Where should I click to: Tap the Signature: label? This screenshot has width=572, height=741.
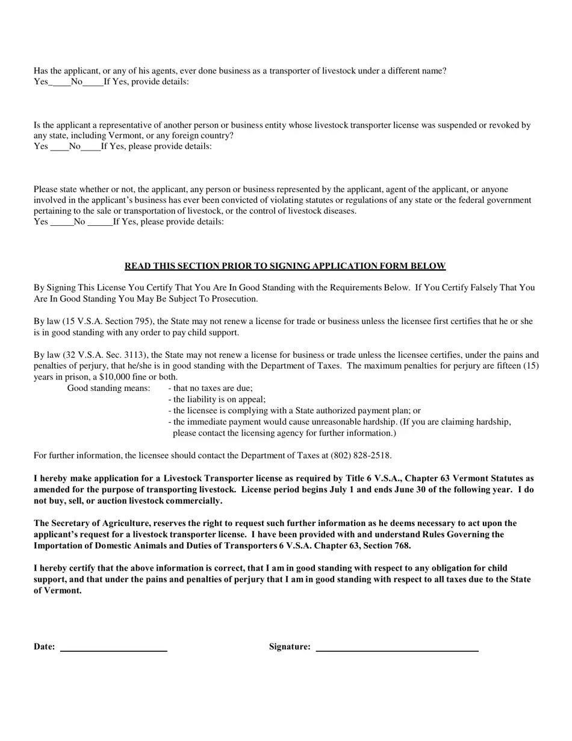(x=290, y=647)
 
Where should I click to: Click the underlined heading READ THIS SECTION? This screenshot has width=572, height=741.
(x=285, y=266)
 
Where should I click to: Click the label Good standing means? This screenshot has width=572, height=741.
(x=108, y=389)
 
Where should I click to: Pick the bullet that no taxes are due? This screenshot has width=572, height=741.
(x=211, y=389)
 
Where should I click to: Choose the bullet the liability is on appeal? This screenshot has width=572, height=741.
(x=217, y=399)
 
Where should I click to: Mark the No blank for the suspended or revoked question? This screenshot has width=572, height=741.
(x=90, y=146)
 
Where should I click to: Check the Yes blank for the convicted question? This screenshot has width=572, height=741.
(x=61, y=222)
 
